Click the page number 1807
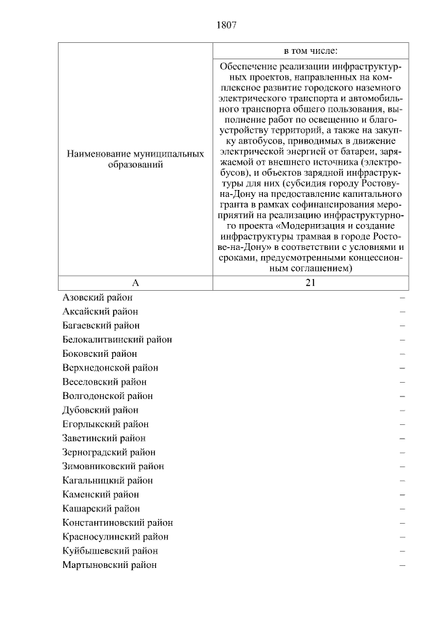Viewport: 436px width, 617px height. click(226, 25)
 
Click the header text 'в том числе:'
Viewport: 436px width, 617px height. click(311, 50)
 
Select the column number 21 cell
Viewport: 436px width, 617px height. click(311, 283)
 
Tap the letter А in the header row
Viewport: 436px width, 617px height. click(135, 283)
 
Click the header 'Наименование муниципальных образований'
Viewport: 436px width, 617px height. click(135, 160)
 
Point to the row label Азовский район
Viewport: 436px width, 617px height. click(97, 298)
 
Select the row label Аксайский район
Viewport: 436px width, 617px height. click(100, 311)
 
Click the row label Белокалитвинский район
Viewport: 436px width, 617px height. click(116, 339)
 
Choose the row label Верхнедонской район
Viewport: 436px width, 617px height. click(110, 368)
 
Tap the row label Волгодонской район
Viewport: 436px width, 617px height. click(107, 396)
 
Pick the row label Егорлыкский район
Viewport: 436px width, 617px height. click(105, 424)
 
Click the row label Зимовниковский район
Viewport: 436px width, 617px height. click(112, 466)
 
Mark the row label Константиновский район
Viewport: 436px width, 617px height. click(117, 523)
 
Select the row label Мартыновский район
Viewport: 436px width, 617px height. click(109, 565)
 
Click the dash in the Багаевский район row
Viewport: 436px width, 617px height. click(403, 326)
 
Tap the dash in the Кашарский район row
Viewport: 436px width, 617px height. click(403, 509)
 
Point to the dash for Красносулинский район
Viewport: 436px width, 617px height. click(403, 537)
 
